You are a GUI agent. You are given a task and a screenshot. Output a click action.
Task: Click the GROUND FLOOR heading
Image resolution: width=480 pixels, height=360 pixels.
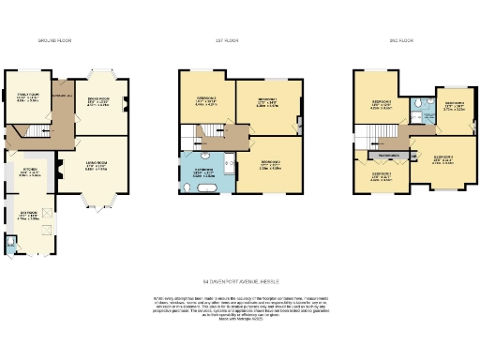54,41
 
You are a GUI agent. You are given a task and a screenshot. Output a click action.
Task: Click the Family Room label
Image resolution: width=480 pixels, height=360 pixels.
26,97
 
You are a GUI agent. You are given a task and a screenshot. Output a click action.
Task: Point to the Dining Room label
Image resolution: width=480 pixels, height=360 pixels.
98,103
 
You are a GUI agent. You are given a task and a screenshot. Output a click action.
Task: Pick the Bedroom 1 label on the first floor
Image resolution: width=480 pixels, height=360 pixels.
266,103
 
